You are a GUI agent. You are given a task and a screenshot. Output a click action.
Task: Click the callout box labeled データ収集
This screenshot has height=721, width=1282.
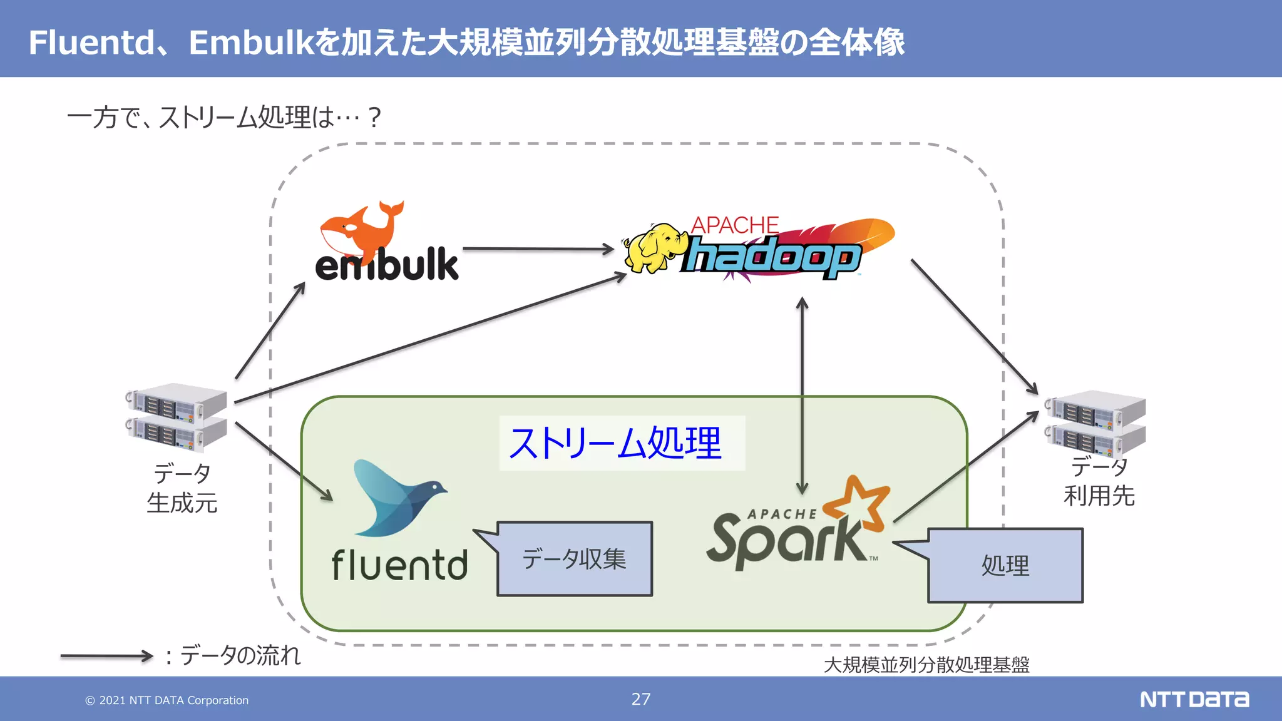tap(574, 559)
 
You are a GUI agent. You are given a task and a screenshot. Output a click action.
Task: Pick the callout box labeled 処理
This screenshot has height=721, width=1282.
tap(1005, 566)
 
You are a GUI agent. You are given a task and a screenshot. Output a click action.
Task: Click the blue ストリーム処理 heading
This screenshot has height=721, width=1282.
tap(615, 443)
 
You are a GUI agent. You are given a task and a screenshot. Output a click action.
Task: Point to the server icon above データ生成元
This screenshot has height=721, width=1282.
tap(177, 417)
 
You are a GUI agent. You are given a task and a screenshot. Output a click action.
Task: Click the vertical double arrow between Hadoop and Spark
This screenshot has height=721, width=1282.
tap(802, 394)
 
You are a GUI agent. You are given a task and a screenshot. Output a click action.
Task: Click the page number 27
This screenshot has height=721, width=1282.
tap(640, 699)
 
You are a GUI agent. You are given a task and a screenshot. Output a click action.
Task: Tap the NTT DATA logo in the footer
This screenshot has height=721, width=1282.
tap(1194, 699)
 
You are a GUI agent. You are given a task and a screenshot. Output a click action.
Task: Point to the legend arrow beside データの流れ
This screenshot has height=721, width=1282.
tap(106, 656)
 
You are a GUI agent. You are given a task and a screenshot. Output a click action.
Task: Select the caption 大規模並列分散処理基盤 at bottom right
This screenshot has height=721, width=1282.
tap(926, 665)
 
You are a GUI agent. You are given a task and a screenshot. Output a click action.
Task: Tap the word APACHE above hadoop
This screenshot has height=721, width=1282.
tap(734, 225)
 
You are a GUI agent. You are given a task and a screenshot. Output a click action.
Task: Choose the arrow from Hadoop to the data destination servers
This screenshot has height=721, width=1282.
tap(974, 327)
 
